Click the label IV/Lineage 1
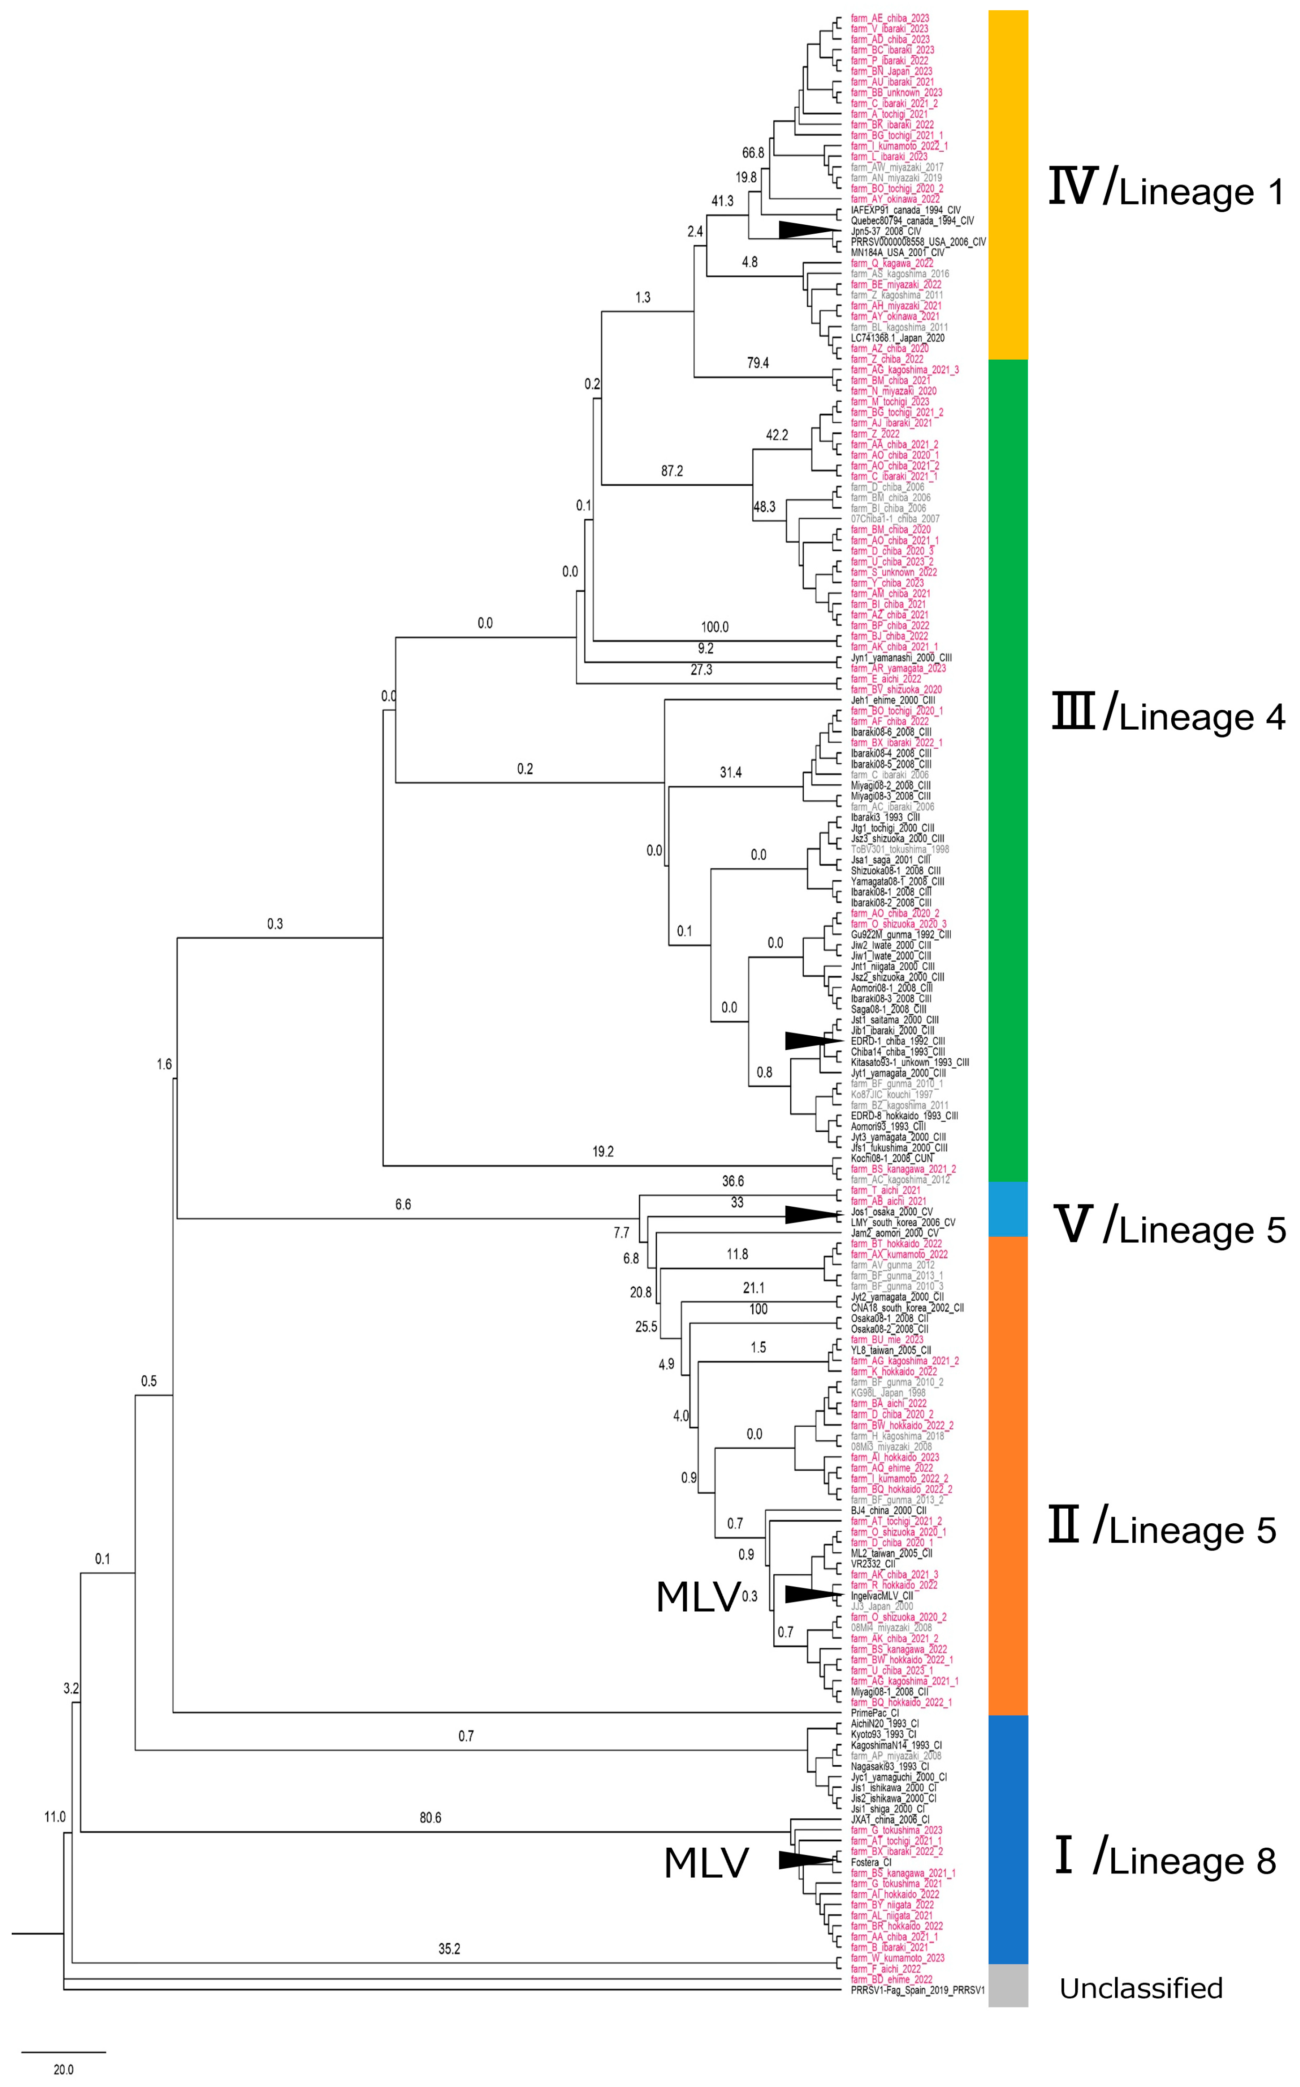coord(1166,189)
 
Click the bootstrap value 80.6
coord(430,1818)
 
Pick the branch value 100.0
coord(714,627)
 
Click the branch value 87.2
coord(671,471)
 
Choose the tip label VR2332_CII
coord(873,1563)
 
